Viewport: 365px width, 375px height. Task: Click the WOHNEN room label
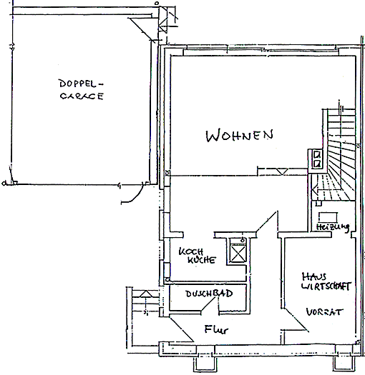pos(240,136)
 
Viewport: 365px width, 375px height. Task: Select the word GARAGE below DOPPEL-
pos(82,96)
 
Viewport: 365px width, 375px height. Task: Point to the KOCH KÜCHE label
pos(198,256)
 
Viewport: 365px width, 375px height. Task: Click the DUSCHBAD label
pos(209,294)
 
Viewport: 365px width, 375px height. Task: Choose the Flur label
pos(216,329)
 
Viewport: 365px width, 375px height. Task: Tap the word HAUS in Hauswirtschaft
pos(314,276)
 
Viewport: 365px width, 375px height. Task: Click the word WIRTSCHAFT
pos(326,286)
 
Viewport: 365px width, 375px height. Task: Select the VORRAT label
pos(324,311)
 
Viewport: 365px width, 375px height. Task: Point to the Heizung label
pos(333,226)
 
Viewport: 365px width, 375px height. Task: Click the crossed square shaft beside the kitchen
pos(238,254)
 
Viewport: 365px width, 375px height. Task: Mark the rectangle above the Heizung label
pos(328,217)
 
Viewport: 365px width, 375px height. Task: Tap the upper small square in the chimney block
pos(317,155)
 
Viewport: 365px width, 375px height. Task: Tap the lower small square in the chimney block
pos(317,164)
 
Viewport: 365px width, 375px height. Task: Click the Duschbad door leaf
pos(208,304)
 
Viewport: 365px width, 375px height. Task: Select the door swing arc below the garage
pos(135,195)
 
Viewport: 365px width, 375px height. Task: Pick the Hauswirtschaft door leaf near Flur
pos(296,319)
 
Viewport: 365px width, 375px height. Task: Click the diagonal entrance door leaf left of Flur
pos(181,329)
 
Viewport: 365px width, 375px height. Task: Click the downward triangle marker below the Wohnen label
pos(282,171)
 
